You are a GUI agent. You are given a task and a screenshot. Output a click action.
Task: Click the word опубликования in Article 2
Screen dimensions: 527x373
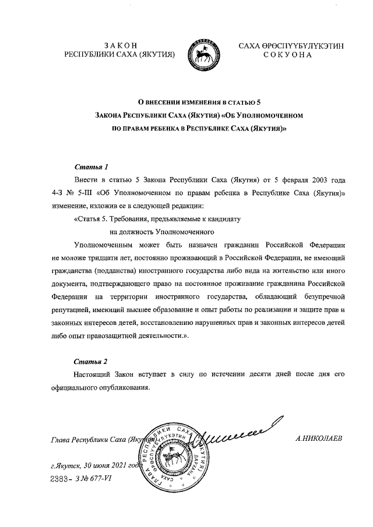tap(123, 387)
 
